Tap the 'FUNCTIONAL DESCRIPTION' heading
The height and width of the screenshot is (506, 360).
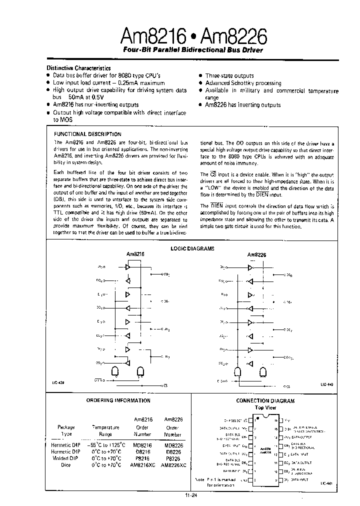pos(87,134)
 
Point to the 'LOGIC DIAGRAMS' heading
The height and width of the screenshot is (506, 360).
pos(192,248)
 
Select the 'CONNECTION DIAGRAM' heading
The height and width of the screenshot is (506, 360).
pos(265,400)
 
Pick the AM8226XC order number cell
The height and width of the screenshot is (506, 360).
pos(175,465)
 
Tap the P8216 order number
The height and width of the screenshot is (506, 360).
pos(142,458)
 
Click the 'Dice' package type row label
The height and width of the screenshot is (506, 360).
pos(65,465)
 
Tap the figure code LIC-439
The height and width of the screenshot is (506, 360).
pos(58,382)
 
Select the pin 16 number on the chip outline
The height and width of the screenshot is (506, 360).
pos(275,420)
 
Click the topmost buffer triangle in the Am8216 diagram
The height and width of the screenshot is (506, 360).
pos(128,268)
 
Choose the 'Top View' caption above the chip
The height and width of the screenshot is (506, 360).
pos(266,407)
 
